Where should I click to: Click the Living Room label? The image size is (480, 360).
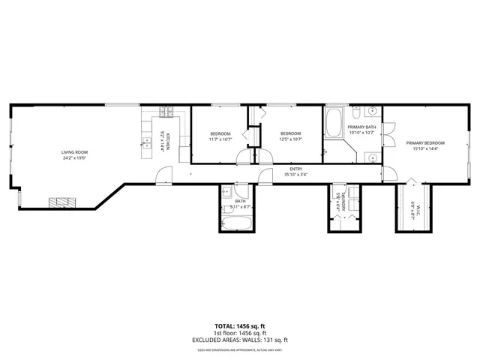(x=75, y=152)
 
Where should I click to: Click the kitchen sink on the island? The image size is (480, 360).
(x=144, y=142)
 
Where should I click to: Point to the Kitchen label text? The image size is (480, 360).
(x=169, y=141)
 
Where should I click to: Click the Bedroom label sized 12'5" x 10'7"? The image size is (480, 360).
(x=289, y=133)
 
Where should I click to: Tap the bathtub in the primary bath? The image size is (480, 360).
(x=335, y=121)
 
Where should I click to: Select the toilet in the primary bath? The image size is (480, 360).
(x=357, y=112)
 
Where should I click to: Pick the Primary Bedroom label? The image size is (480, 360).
(x=425, y=142)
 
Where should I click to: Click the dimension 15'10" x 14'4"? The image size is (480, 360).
(x=425, y=148)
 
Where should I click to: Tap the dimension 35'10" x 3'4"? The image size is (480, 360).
(x=295, y=175)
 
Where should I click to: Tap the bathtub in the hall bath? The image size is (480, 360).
(x=238, y=223)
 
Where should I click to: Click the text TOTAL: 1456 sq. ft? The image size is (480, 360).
(x=239, y=327)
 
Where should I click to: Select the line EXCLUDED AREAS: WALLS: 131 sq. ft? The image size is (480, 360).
(x=239, y=340)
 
